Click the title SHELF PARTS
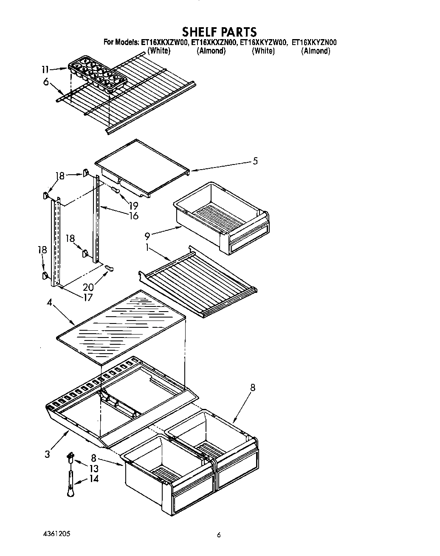pyautogui.click(x=219, y=32)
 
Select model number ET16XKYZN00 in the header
pyautogui.click(x=314, y=43)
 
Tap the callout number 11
pyautogui.click(x=45, y=70)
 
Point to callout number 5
pyautogui.click(x=255, y=161)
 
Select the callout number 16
pyautogui.click(x=134, y=216)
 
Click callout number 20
pyautogui.click(x=88, y=287)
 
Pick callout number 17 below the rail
pyautogui.click(x=87, y=298)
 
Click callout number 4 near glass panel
pyautogui.click(x=50, y=303)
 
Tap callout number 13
pyautogui.click(x=94, y=468)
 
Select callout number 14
pyautogui.click(x=94, y=479)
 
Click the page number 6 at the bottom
pyautogui.click(x=219, y=536)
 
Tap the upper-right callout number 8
pyautogui.click(x=253, y=388)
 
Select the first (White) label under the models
pyautogui.click(x=159, y=51)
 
